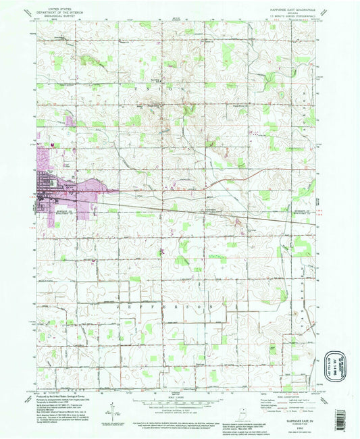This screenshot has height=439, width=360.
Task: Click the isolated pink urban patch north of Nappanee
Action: tap(70, 122)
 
